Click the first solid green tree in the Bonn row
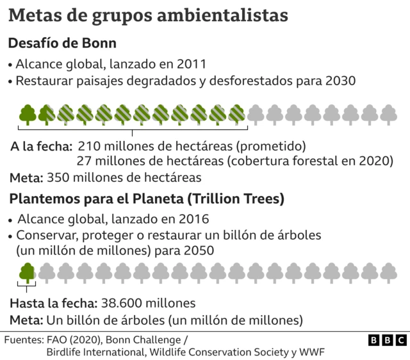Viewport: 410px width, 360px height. click(28, 114)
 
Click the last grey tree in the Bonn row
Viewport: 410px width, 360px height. click(389, 114)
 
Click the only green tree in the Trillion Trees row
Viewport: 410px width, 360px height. click(28, 273)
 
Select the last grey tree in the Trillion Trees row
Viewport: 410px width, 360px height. click(389, 273)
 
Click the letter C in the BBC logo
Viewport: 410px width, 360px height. click(400, 340)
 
